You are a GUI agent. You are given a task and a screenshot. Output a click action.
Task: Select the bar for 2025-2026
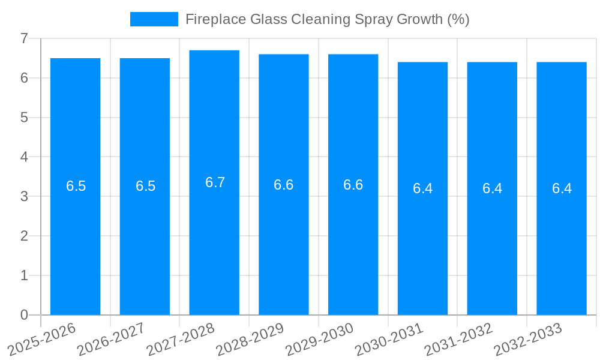75,240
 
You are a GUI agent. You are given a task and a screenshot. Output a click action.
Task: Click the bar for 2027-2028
214,240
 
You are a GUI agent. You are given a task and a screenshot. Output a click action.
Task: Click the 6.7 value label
215,182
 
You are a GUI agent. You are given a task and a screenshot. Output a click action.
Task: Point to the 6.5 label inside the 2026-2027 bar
145,186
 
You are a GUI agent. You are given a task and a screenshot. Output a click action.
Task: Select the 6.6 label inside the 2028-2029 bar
283,185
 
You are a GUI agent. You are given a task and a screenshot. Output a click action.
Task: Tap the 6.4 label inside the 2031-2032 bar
492,188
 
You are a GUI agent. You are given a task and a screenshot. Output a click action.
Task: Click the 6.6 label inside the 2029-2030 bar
353,185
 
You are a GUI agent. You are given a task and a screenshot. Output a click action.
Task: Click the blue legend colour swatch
154,19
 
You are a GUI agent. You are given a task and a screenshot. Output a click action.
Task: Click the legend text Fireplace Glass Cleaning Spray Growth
327,19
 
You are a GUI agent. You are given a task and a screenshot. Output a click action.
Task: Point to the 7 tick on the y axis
24,38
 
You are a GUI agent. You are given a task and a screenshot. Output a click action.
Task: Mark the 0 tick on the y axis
24,315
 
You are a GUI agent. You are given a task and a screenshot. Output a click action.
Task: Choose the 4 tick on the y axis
24,157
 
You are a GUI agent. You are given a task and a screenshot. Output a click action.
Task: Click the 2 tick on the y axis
24,236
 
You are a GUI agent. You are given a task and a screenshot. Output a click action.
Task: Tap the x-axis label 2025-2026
43,339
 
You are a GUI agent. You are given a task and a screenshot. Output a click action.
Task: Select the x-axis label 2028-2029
250,339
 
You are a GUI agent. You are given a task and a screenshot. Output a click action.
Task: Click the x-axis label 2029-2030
320,339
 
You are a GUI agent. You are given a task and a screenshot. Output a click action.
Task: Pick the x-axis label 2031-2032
459,339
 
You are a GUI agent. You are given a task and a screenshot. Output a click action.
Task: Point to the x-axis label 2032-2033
529,339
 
